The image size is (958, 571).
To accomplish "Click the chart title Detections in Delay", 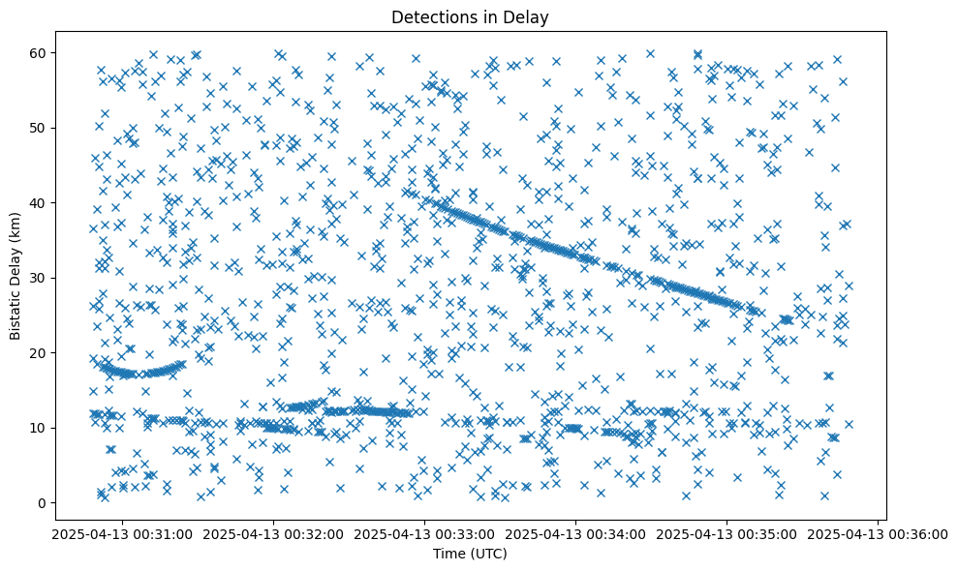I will point(469,16).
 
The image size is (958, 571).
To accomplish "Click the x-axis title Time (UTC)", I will point(469,555).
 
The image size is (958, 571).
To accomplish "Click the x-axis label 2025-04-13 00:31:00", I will point(122,533).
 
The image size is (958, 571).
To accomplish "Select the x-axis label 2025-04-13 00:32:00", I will point(273,533).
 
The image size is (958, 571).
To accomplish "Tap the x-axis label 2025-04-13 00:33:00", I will point(424,533).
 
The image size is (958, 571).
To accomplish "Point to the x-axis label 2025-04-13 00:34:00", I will point(576,533).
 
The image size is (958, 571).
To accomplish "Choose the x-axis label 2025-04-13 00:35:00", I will point(727,533).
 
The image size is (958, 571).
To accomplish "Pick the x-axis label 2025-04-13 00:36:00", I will point(879,533).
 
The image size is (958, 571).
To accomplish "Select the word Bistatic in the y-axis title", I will point(15,312).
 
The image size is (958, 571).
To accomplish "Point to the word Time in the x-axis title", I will point(447,555).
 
